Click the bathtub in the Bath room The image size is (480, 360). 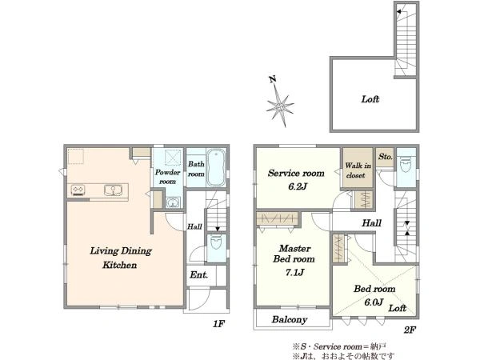(x=216, y=167)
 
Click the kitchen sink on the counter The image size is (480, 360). (x=113, y=190)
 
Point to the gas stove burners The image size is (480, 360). (x=78, y=190)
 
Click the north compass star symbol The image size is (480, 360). (x=280, y=106)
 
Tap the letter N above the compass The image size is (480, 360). (x=273, y=79)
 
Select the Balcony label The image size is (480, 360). (x=290, y=319)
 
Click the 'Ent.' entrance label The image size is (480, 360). (x=199, y=274)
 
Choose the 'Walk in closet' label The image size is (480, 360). (x=358, y=170)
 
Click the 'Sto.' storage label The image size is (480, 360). (x=386, y=157)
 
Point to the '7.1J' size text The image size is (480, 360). (x=294, y=272)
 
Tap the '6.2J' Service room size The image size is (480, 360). (x=298, y=186)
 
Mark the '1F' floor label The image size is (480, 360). (x=219, y=323)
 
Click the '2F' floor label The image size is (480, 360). (x=410, y=330)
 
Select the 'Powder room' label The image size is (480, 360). (x=167, y=177)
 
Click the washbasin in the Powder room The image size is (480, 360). (x=174, y=202)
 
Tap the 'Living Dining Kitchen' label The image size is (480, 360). (x=121, y=258)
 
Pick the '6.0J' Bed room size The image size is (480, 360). (x=374, y=302)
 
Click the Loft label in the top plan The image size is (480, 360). (x=370, y=99)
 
